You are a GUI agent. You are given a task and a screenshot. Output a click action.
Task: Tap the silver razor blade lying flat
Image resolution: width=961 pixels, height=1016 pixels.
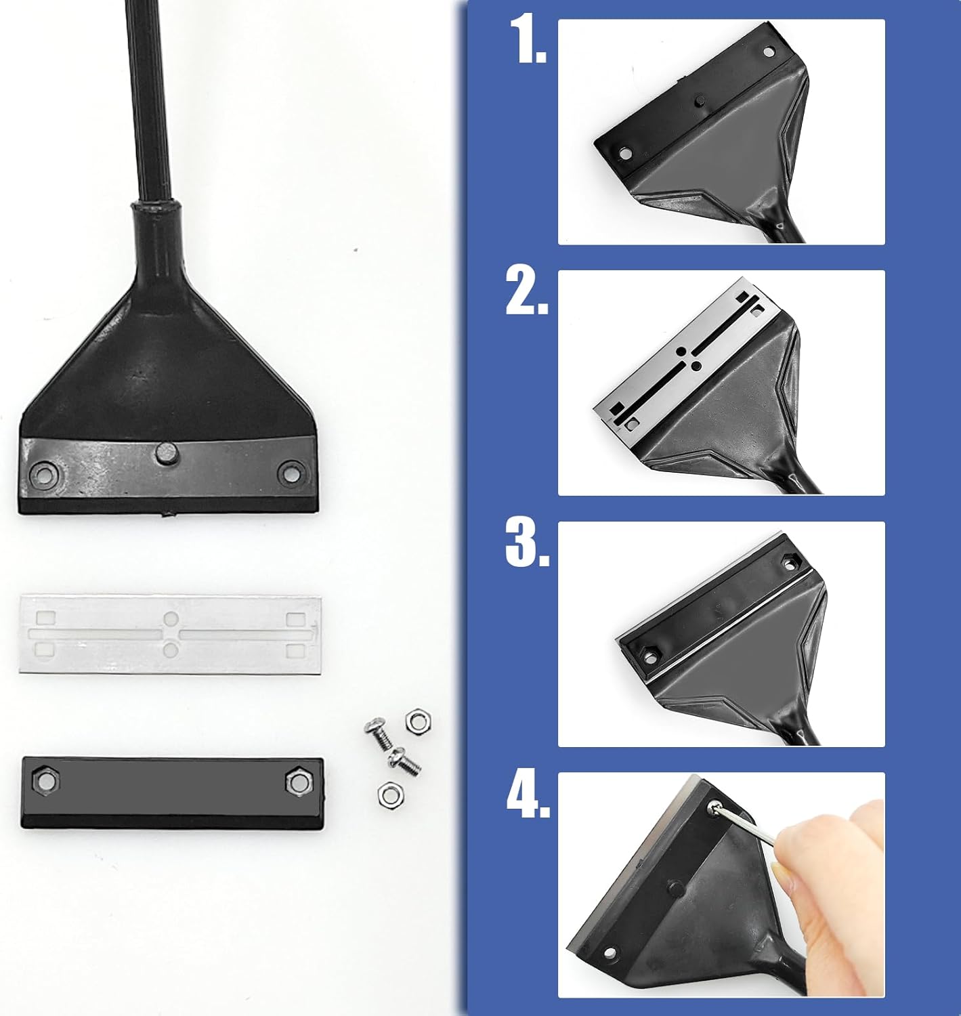pos(171,634)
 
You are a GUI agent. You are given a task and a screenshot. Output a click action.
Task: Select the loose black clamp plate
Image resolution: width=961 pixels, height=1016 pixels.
pos(172,789)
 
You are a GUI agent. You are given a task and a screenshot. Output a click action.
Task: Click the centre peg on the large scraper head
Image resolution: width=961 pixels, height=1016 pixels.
pos(164,452)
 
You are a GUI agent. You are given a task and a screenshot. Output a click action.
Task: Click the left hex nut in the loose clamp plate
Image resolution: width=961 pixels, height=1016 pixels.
pos(46,781)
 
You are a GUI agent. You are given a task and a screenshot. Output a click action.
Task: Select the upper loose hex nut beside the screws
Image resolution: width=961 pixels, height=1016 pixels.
pos(414,720)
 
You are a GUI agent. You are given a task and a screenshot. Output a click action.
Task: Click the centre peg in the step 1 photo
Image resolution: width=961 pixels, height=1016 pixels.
pos(698,101)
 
